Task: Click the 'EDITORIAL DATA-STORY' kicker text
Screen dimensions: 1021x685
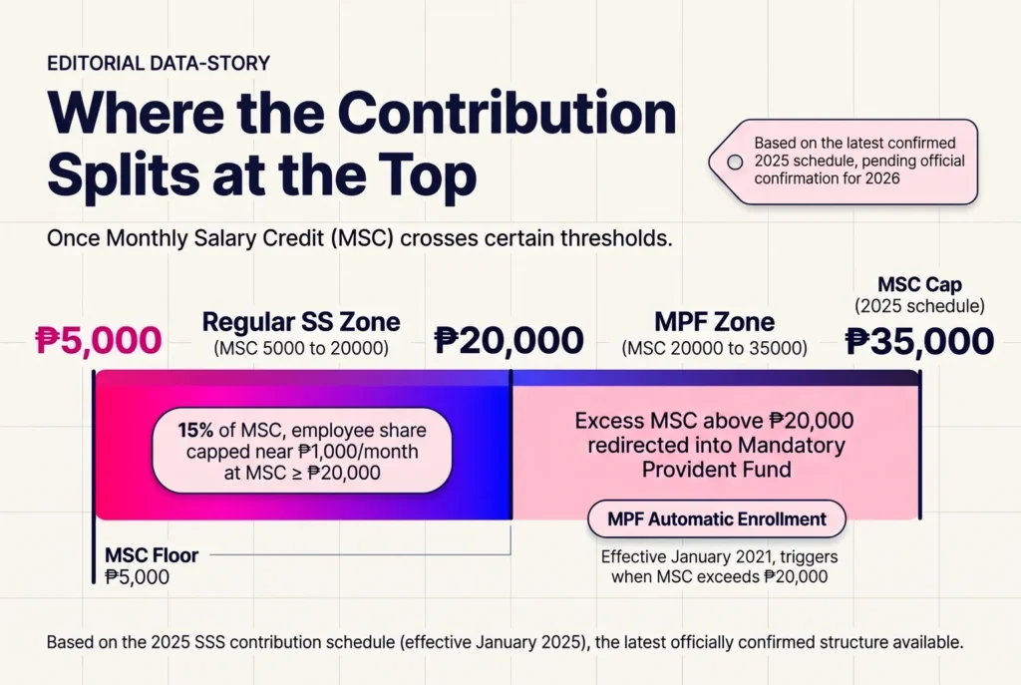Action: click(159, 63)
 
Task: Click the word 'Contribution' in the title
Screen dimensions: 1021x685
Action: click(508, 113)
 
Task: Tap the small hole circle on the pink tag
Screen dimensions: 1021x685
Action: click(735, 163)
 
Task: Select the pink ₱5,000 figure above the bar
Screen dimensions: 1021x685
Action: click(99, 341)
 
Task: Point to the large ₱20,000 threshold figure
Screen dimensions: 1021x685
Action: click(509, 341)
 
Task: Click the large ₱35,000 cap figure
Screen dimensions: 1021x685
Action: click(919, 341)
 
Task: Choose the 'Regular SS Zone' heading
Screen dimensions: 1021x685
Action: click(301, 322)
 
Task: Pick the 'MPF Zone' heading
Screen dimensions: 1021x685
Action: click(714, 322)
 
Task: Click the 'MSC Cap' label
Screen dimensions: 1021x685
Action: click(919, 284)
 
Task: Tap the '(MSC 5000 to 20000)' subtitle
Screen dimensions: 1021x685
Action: click(301, 348)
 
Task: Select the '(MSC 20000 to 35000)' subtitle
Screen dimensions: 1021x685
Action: click(714, 348)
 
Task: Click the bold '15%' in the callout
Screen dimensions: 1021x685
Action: click(196, 431)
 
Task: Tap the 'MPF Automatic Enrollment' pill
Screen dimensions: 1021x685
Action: click(716, 518)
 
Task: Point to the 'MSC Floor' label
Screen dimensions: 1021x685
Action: click(152, 555)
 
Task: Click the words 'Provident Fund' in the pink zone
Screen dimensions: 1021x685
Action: click(716, 470)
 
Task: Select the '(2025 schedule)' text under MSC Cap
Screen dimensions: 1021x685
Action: click(919, 306)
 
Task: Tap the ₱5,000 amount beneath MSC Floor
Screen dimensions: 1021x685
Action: click(137, 577)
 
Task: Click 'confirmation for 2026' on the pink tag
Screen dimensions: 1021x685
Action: click(827, 178)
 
